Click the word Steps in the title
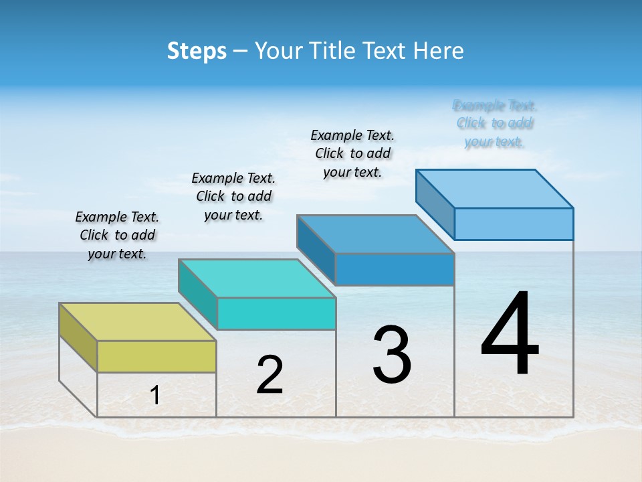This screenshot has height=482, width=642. pos(197,51)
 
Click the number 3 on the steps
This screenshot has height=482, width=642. pos(392,355)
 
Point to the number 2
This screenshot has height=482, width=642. pos(270,375)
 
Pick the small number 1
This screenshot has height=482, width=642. pos(155,395)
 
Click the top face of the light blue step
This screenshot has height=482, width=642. pos(494,188)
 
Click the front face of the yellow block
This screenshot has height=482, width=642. pos(156,356)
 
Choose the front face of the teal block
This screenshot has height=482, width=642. pos(276,313)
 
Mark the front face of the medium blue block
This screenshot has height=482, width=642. pos(395,269)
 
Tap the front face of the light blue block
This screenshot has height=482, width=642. pos(514,224)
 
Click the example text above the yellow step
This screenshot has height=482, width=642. pos(117,235)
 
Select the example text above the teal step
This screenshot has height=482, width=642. pos(233,196)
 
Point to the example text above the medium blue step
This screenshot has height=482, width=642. pos(352,153)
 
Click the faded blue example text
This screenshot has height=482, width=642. pos(494,123)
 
